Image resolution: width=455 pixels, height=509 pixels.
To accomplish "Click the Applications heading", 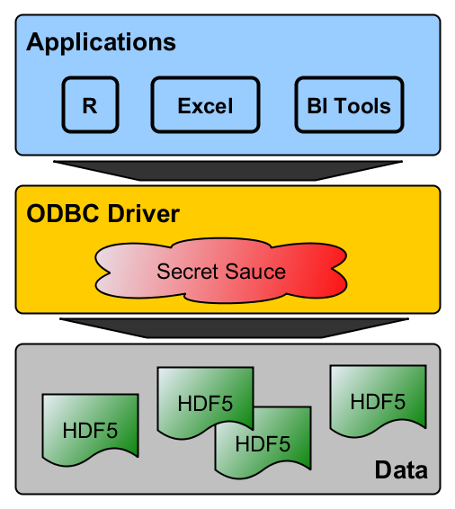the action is coord(101,42).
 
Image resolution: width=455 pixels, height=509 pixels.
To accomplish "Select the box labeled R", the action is coord(90,105).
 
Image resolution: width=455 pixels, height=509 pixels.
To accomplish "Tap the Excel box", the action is coord(205,105).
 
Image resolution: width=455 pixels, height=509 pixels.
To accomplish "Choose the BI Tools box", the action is coord(349,105).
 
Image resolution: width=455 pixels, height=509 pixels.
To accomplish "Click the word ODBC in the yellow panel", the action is coord(62,214).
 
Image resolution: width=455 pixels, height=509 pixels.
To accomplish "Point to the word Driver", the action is coord(144,214).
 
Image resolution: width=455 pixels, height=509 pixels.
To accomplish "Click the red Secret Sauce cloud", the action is coord(221,271).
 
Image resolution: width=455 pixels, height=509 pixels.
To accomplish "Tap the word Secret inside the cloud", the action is coord(187,272).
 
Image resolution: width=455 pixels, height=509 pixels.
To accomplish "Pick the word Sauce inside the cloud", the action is coord(255,272).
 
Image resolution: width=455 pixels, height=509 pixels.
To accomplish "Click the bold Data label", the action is coord(401,469).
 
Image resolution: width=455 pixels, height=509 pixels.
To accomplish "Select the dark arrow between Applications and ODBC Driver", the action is coord(227,171).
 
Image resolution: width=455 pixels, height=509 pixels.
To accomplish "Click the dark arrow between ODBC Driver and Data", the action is coord(234,328).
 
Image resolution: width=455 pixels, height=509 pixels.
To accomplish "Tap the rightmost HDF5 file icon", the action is coord(378,401).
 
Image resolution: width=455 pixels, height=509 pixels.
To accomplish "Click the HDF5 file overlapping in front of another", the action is coord(205,403).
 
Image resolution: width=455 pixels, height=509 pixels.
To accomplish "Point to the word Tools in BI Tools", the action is coord(362,106).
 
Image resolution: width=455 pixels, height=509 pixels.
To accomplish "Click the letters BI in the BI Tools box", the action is coord(317,106).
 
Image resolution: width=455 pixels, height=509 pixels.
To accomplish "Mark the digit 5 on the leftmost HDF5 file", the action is coord(112,431).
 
